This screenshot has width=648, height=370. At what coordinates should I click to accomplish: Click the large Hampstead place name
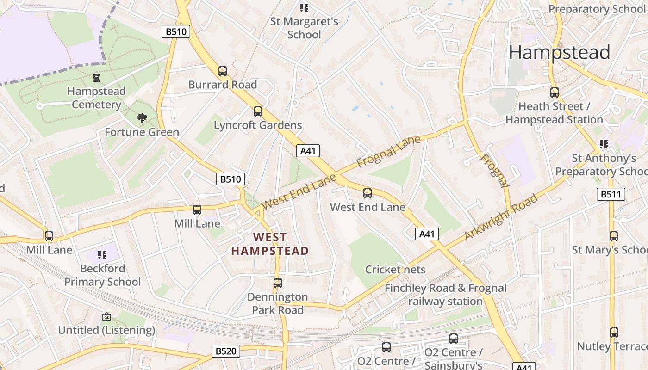tap(559, 52)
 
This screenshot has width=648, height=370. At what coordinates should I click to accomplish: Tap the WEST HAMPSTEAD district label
tap(270, 244)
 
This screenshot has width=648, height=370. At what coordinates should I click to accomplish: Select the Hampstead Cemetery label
tap(96, 98)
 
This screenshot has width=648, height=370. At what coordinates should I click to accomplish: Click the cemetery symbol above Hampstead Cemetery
tap(96, 78)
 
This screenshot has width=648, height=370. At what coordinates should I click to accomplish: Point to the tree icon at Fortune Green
tap(142, 118)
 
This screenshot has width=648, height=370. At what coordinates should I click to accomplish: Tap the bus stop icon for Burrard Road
tap(223, 71)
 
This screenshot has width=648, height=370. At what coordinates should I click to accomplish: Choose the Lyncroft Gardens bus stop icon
tap(258, 111)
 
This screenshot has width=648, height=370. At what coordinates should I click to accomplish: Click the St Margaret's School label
tap(304, 28)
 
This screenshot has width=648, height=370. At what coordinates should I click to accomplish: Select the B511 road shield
tap(611, 194)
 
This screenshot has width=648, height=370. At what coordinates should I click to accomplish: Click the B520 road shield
tap(226, 351)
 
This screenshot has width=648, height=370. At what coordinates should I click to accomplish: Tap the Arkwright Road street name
tap(501, 217)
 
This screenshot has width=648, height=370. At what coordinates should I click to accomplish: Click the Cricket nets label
tap(395, 270)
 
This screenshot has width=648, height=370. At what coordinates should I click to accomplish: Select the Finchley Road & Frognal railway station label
tap(445, 295)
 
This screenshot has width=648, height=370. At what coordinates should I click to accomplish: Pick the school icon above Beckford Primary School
tap(102, 254)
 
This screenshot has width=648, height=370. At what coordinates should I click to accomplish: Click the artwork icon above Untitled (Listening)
tap(106, 316)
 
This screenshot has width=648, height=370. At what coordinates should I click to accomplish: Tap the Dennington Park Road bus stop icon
tap(278, 283)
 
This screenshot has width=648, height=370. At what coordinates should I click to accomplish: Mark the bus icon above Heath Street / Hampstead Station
tap(554, 92)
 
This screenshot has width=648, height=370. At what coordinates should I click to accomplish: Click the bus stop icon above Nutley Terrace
tap(614, 332)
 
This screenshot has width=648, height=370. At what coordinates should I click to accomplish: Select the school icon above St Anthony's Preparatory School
tap(604, 144)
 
